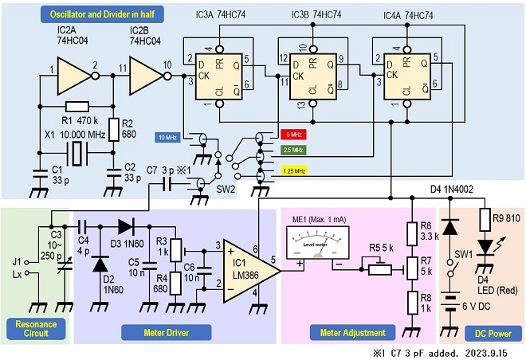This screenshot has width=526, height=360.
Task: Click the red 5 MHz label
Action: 293,135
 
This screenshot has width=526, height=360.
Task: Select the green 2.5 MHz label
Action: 293,150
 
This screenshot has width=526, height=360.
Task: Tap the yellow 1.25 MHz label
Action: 294,171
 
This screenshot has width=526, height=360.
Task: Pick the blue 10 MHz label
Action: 167,138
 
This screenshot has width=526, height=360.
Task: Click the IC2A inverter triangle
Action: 74,76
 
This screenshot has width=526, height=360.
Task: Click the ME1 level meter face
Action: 317,242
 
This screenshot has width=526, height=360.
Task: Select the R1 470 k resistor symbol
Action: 77,107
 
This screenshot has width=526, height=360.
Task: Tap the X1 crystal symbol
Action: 77,153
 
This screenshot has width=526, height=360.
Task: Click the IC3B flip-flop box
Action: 313,76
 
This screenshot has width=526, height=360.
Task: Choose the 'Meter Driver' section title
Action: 167,332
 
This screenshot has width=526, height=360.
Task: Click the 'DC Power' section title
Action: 493,334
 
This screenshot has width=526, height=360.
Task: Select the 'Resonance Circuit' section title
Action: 36,329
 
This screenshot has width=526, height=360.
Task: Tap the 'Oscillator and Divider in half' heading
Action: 102,14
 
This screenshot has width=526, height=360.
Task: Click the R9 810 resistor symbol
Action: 485,220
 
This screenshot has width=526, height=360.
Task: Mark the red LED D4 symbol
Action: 485,247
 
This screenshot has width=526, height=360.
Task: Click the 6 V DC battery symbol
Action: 451,304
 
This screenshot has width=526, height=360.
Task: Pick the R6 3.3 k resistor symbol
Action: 411,233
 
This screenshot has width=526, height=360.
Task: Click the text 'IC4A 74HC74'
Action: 408,15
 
